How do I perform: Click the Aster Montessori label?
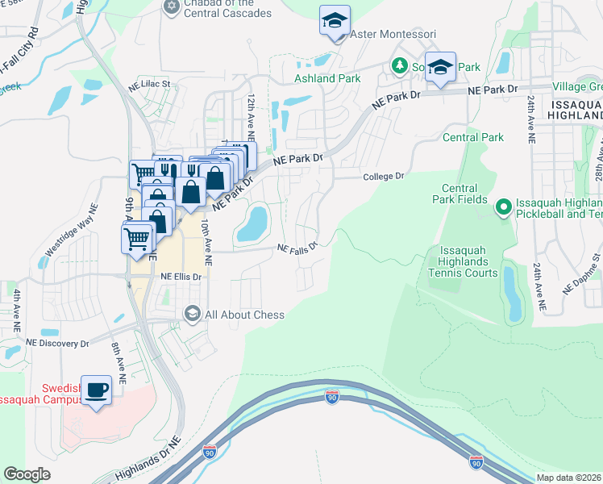pos(393,35)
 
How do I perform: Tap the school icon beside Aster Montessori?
pos(335,21)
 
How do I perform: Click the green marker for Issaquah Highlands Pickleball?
pos(504,208)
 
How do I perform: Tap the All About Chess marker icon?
pos(192,314)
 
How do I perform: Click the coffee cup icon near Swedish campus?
pos(98,390)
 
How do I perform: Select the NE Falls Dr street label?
pos(297,248)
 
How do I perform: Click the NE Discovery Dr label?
pos(57,343)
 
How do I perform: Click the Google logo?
pos(27,474)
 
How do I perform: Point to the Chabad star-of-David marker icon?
pos(170,7)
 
